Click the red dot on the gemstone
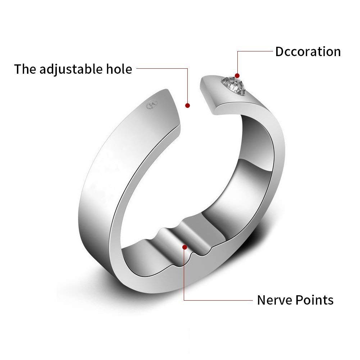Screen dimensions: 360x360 click(x=237, y=76)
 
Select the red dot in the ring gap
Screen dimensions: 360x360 click(x=187, y=105)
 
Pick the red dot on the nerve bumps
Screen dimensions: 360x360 click(x=184, y=247)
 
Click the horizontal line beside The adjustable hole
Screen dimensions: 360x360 click(x=162, y=68)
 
